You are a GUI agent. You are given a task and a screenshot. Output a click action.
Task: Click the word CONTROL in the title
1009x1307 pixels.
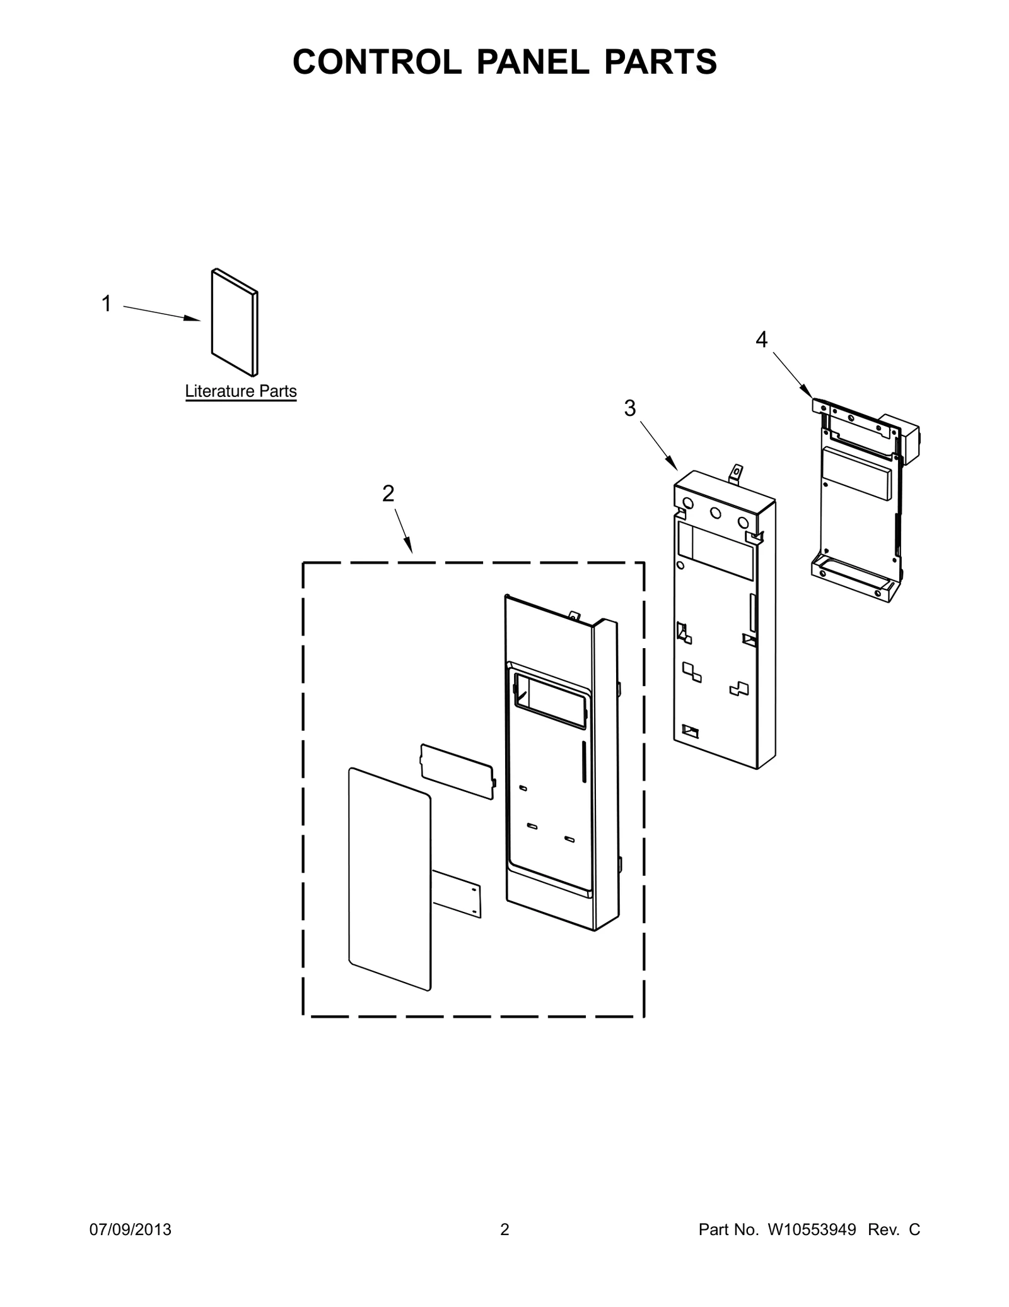coord(377,62)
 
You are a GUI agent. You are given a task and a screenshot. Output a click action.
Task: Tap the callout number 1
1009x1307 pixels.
coord(107,304)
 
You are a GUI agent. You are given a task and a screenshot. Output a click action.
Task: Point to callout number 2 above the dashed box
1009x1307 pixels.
coord(388,493)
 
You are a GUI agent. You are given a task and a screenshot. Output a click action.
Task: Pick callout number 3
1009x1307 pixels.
coord(630,408)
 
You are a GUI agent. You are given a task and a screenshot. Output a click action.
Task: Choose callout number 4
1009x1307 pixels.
coord(762,340)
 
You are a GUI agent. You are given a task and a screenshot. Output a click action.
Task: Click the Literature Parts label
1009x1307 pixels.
coord(241,391)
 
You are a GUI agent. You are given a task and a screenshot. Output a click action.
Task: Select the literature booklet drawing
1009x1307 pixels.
coord(235,322)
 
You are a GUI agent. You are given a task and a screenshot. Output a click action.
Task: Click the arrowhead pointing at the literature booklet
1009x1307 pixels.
coord(192,318)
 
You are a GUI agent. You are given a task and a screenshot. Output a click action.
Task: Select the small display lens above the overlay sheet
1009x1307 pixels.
coord(458,771)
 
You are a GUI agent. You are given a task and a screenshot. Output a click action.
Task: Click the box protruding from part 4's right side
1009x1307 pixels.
coord(902,439)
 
